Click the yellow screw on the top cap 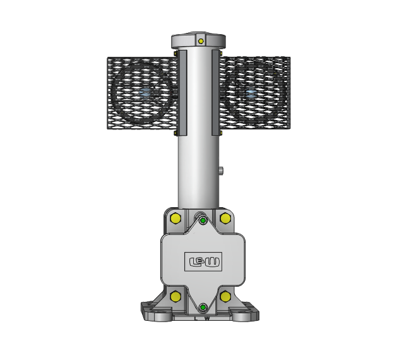coord(201,41)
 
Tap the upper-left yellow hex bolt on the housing coord(175,219)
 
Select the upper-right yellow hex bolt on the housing coord(225,219)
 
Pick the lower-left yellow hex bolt coord(175,296)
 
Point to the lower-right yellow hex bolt coord(225,296)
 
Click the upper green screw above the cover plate coord(203,220)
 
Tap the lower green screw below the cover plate coord(203,308)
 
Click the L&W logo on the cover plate coord(203,261)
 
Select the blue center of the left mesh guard coord(146,93)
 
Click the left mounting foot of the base coord(151,311)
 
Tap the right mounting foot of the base coord(247,311)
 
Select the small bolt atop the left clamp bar coord(176,53)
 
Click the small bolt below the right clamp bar coord(221,133)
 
